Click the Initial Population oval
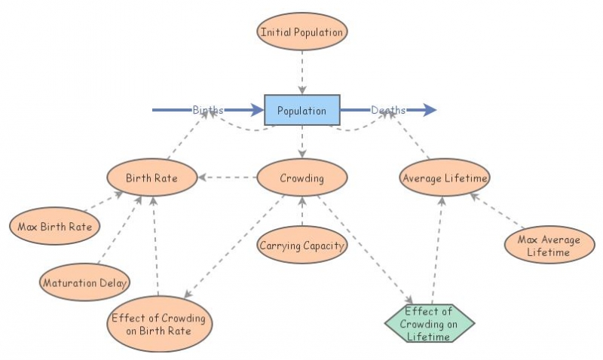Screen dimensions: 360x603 [301, 32]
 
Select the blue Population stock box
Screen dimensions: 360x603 [301, 110]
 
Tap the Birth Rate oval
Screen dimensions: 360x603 [152, 178]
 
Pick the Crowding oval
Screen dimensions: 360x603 [301, 178]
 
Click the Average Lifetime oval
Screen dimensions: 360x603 [445, 178]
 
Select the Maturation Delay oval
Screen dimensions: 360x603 [84, 283]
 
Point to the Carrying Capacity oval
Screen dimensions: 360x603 [301, 246]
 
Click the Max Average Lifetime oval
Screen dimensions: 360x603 [549, 246]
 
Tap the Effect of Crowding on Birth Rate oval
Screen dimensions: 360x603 [158, 324]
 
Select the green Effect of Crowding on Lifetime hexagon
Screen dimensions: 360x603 [430, 324]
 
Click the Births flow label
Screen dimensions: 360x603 [208, 110]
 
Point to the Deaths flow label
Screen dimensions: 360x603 [388, 110]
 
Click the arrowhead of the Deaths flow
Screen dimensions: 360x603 [430, 110]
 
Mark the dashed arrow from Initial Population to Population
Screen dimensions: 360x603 [301, 72]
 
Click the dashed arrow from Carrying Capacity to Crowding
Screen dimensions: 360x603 [301, 212]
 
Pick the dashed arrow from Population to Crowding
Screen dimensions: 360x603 [301, 142]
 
